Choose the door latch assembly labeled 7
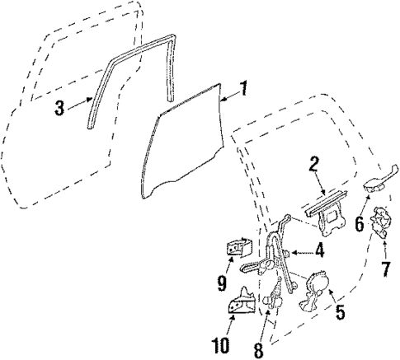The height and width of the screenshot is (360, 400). (382, 225)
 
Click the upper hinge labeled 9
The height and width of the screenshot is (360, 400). (241, 247)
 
